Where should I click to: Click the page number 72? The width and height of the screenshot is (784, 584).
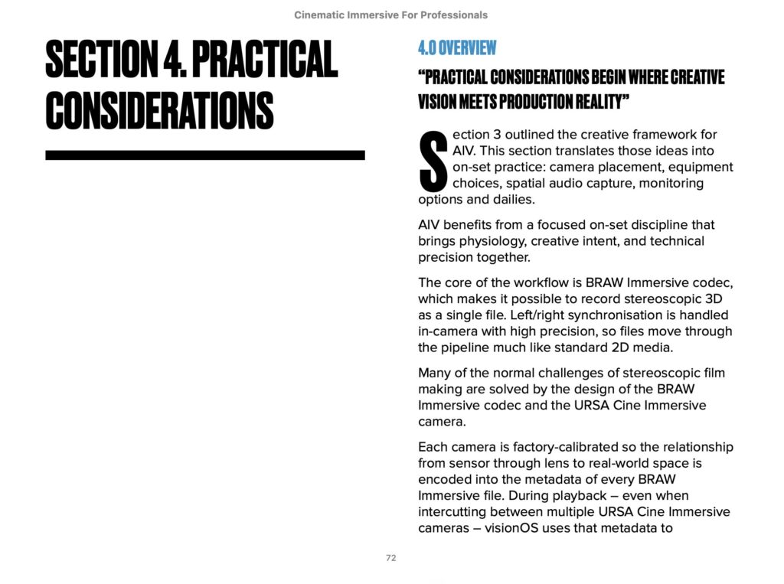click(x=390, y=558)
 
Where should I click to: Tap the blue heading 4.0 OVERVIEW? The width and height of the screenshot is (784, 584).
click(x=457, y=48)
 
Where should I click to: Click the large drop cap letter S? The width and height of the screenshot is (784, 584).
click(x=433, y=161)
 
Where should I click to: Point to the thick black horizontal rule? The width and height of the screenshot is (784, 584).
click(x=204, y=155)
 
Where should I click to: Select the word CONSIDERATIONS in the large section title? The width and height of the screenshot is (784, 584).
click(x=159, y=110)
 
